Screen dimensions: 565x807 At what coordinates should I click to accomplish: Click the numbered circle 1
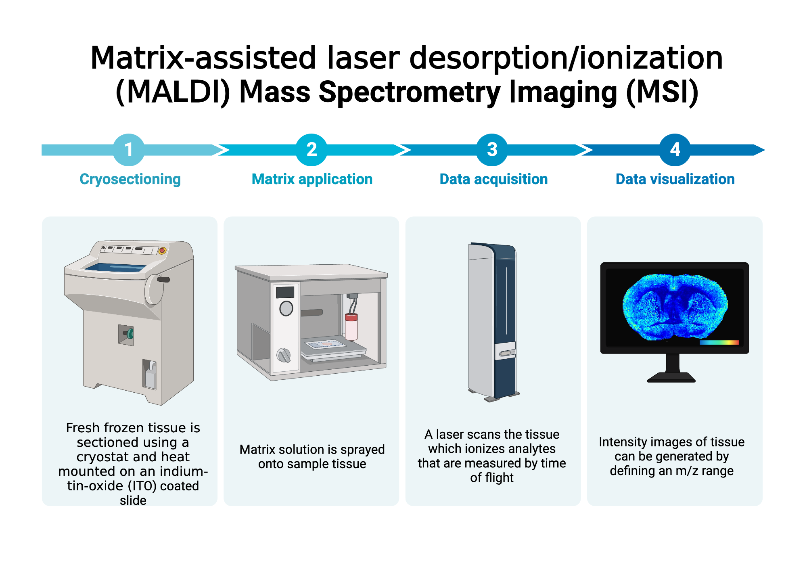pos(129,150)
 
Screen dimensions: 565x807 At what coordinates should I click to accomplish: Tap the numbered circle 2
pos(312,150)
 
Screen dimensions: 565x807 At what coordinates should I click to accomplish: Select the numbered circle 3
pos(492,150)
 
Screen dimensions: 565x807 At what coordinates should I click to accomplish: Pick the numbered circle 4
pos(675,150)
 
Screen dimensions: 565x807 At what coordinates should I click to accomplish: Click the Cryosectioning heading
pos(130,179)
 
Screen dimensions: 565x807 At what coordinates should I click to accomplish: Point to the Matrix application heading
pos(312,179)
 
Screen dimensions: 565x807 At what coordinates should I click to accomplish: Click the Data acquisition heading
pos(493,179)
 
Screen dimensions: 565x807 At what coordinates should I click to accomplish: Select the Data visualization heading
pos(675,179)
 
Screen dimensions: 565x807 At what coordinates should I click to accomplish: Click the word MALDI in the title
pos(173,92)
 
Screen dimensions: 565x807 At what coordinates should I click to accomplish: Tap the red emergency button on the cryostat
pos(162,251)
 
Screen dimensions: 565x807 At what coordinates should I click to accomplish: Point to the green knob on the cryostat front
pos(130,334)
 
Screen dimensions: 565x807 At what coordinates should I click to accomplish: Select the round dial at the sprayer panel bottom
pos(284,355)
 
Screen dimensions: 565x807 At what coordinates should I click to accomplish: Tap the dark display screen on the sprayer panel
pos(285,292)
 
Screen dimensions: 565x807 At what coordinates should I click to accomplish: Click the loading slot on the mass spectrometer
pos(505,354)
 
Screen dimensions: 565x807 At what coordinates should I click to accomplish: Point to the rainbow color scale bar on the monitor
pos(719,343)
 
